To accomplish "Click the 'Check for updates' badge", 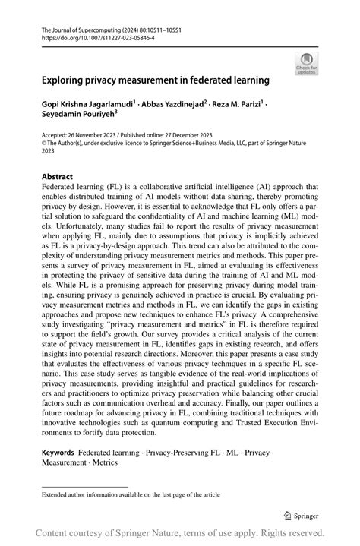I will click(x=306, y=64).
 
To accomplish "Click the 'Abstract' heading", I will click(x=58, y=176).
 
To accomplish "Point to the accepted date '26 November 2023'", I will click(x=96, y=134).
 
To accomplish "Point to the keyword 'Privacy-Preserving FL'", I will click(x=180, y=452).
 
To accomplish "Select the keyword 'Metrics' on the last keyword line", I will click(x=105, y=462).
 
